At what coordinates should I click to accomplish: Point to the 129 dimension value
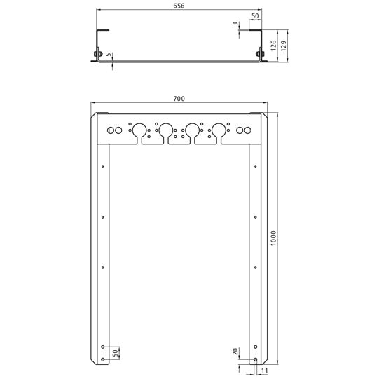point(284,48)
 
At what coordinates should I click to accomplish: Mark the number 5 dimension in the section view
point(110,53)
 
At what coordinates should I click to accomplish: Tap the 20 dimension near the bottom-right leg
point(235,352)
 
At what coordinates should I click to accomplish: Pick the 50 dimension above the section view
point(254,15)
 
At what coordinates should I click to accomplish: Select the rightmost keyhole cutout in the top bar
point(219,131)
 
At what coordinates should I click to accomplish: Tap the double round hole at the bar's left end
point(114,130)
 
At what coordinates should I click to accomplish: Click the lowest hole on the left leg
point(103,359)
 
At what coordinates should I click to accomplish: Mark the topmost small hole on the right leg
point(255,166)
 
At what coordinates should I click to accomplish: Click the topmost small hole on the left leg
point(103,166)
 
